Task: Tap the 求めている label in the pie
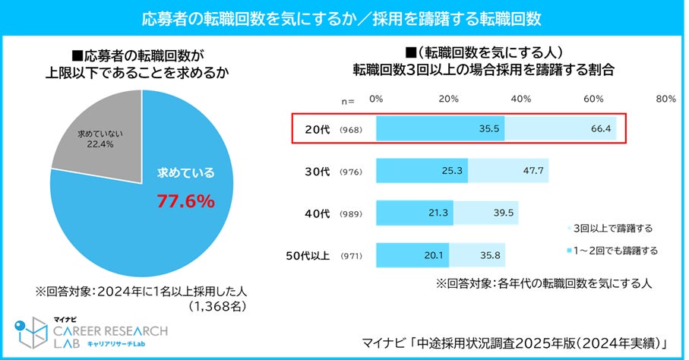pos(185,173)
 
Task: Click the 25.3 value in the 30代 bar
pos(452,171)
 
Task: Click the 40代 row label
pos(314,213)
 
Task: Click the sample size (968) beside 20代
pos(351,130)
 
